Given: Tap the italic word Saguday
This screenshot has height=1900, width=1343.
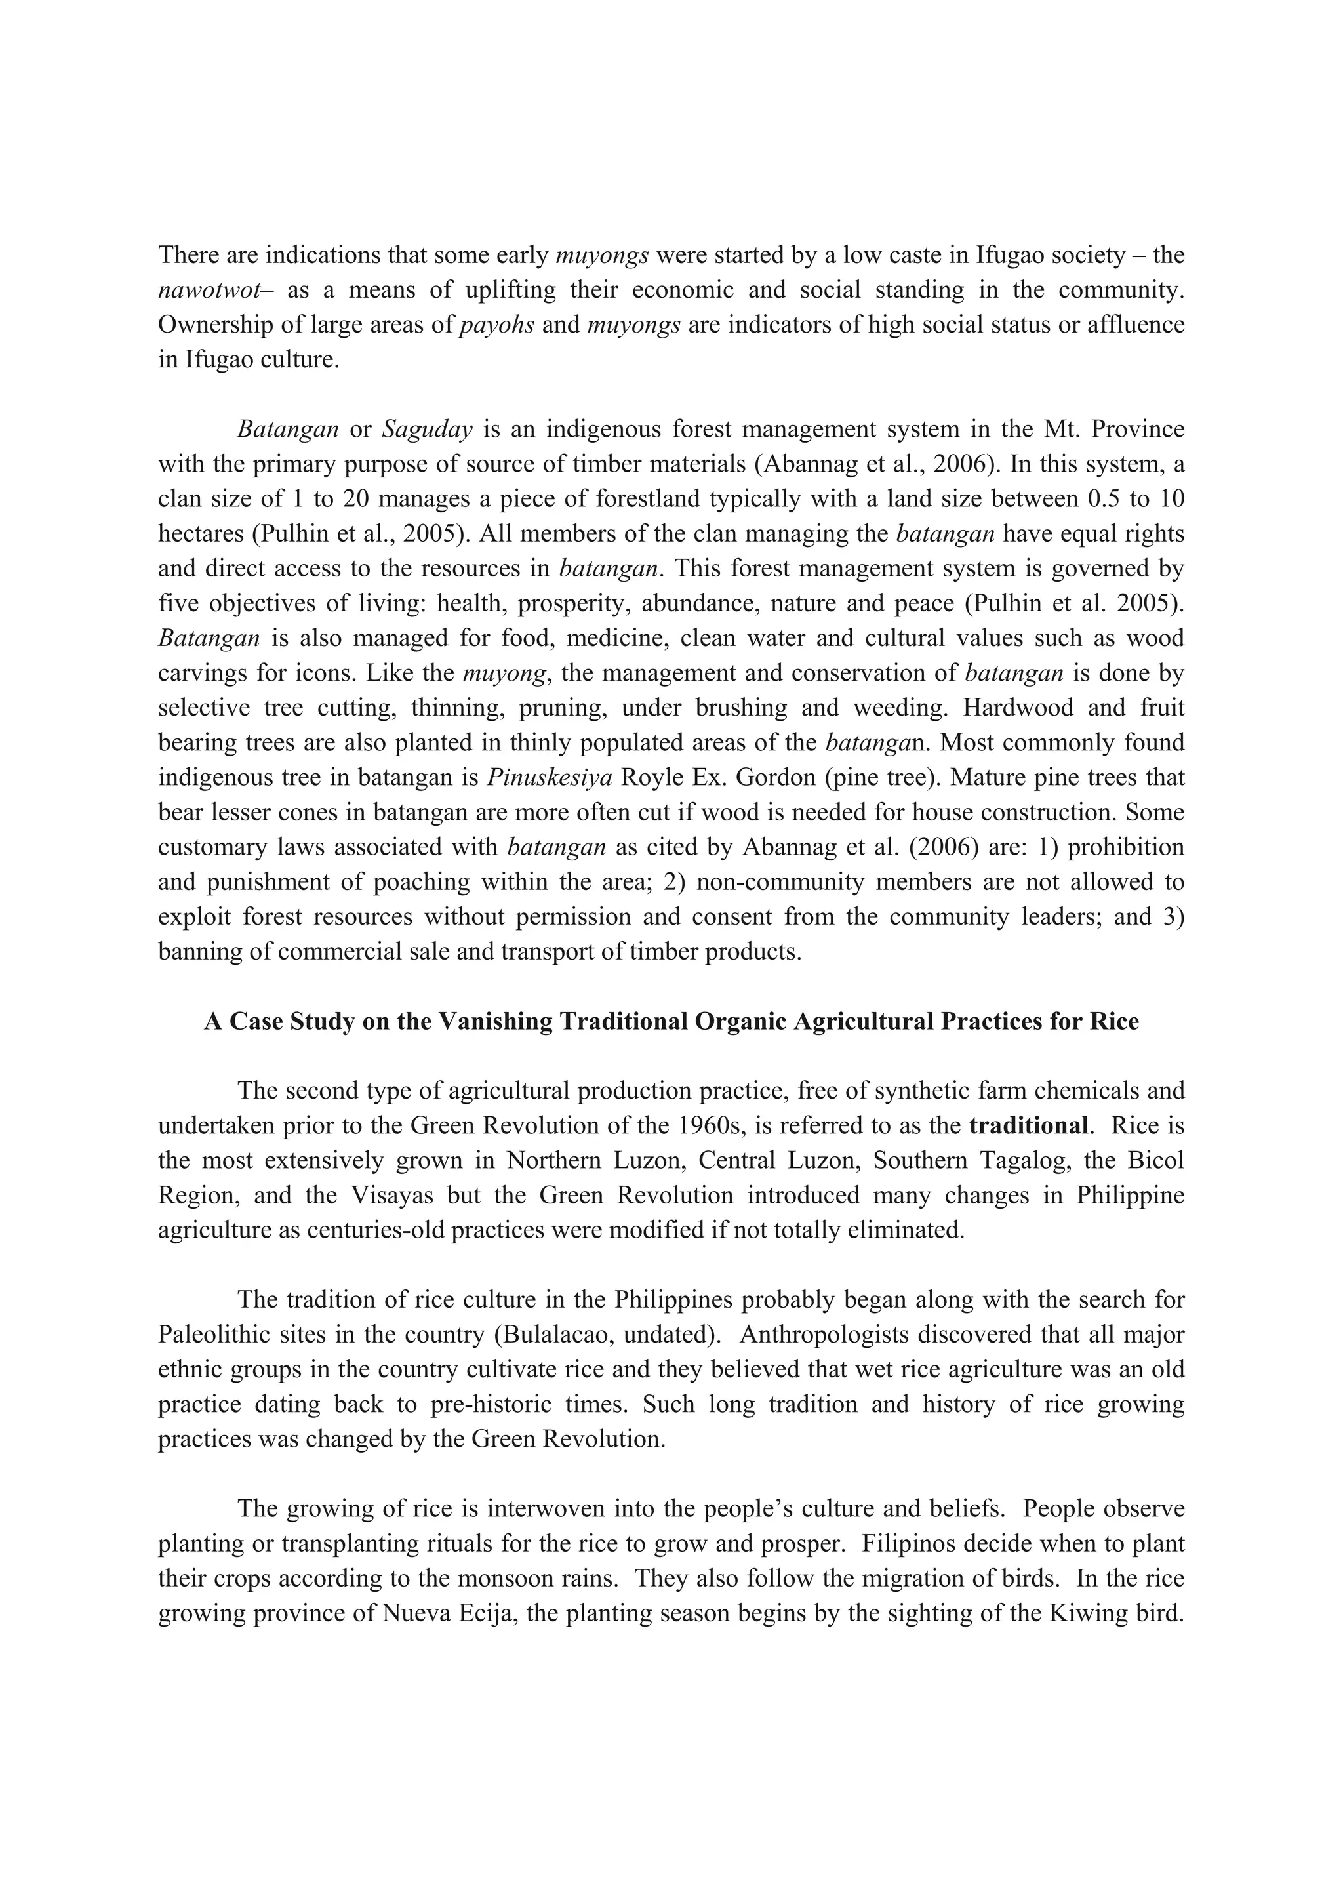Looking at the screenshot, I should [x=427, y=430].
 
